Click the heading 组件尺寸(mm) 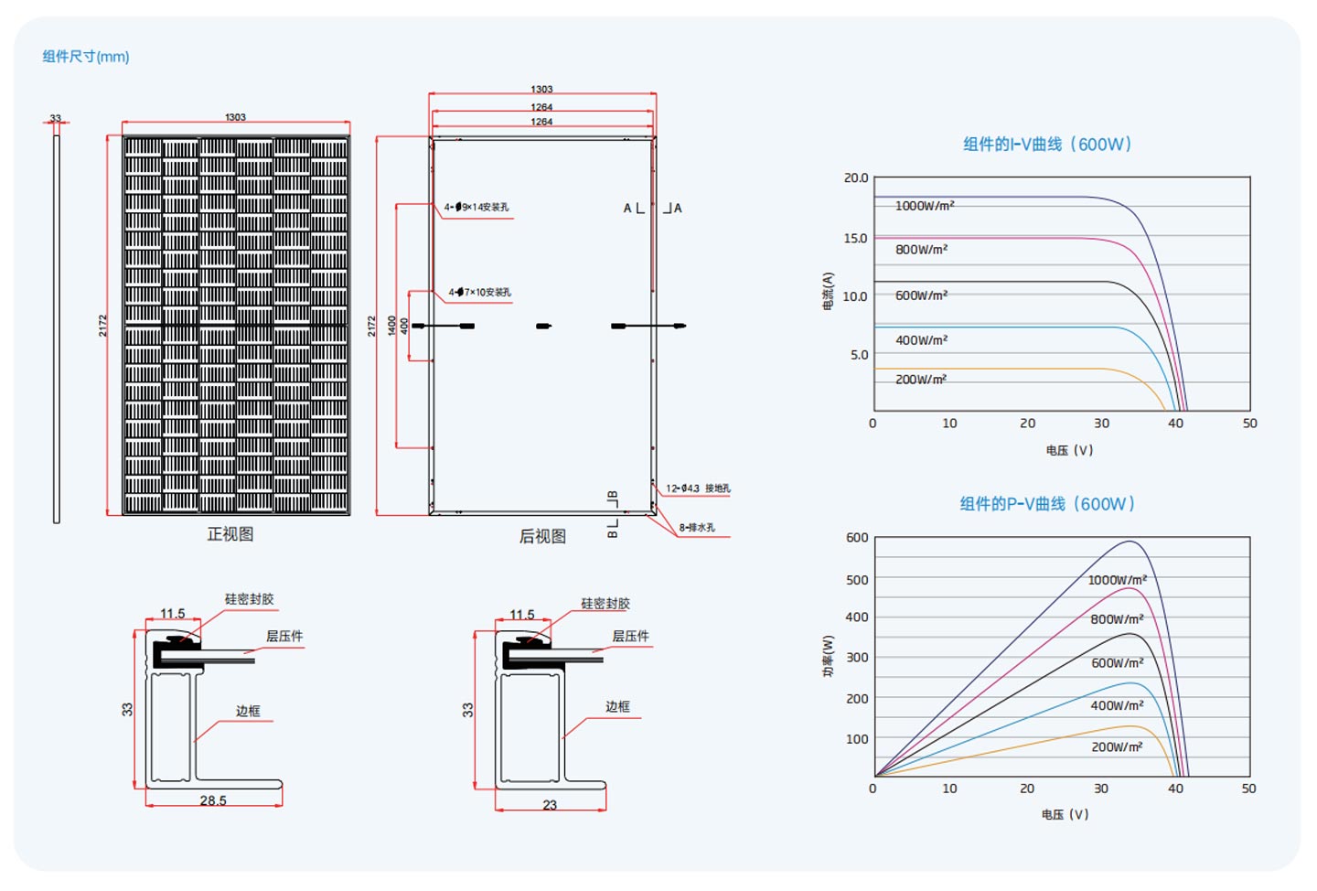[86, 57]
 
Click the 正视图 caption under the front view [230, 534]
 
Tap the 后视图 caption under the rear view [542, 537]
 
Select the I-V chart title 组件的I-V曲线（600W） [1047, 145]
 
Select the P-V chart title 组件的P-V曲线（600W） [1047, 504]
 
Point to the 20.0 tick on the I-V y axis [856, 178]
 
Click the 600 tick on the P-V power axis [857, 538]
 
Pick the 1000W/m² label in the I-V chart [925, 206]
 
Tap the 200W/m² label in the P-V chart [1117, 747]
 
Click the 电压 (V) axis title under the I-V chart [1069, 450]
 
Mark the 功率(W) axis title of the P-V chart [828, 656]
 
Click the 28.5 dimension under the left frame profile [213, 800]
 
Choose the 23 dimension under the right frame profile [550, 805]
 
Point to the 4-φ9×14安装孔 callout [476, 208]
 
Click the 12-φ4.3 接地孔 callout [698, 488]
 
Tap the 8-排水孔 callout [697, 528]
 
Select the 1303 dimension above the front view [235, 117]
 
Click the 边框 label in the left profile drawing [248, 711]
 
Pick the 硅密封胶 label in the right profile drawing [605, 604]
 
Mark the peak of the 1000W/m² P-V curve [1130, 542]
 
